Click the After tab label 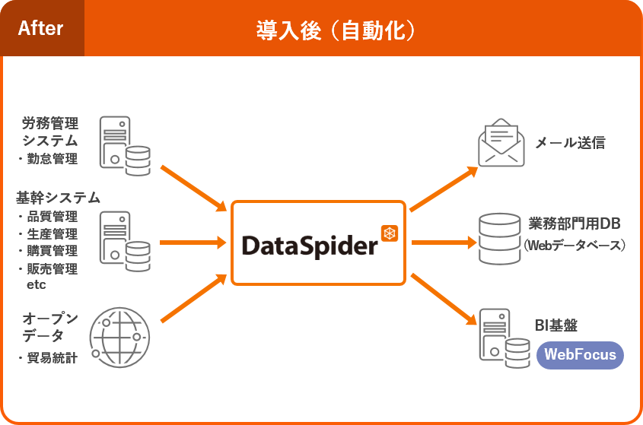click(41, 29)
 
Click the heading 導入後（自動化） click(336, 30)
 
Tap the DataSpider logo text click(309, 245)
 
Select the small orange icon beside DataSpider click(390, 232)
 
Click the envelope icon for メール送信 click(501, 142)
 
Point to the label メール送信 click(570, 143)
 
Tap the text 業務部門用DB click(575, 224)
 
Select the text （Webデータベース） click(575, 245)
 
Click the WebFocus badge click(581, 355)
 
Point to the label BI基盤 click(556, 326)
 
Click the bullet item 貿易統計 click(52, 358)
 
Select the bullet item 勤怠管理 click(53, 159)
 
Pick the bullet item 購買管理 click(53, 251)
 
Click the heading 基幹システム click(58, 198)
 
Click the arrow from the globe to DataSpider click(194, 298)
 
